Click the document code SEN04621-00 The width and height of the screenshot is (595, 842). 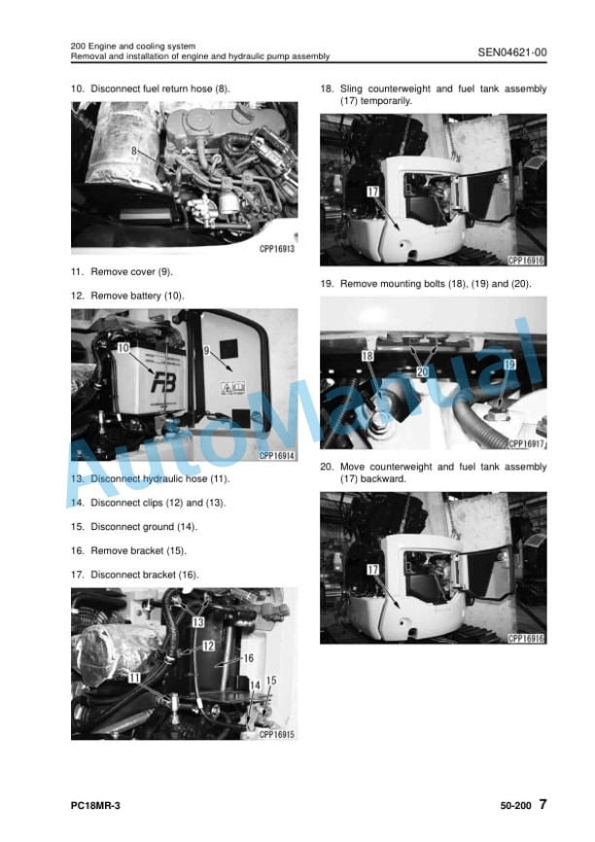pos(512,53)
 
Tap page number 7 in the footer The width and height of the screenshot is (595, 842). pos(542,804)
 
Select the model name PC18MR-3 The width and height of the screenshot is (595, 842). pos(95,805)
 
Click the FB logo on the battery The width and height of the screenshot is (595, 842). pos(163,383)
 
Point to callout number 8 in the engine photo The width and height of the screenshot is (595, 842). pos(134,152)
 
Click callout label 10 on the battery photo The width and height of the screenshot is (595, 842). pos(123,348)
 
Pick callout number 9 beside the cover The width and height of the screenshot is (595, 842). pos(206,351)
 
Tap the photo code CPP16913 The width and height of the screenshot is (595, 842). pos(277,249)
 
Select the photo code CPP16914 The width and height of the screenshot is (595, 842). pos(277,456)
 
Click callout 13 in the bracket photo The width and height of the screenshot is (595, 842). pos(198,622)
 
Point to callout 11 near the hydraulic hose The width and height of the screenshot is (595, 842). pos(134,679)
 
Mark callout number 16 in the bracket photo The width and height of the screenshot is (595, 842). pos(249,658)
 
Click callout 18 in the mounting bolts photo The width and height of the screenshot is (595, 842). pos(367,356)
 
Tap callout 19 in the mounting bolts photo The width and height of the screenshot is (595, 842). pos(509,365)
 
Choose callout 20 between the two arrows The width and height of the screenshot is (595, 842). pos(423,371)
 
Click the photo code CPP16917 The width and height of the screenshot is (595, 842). pos(526,443)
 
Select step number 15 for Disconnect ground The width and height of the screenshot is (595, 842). pos(78,527)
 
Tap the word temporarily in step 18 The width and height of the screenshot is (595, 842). pos(386,101)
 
